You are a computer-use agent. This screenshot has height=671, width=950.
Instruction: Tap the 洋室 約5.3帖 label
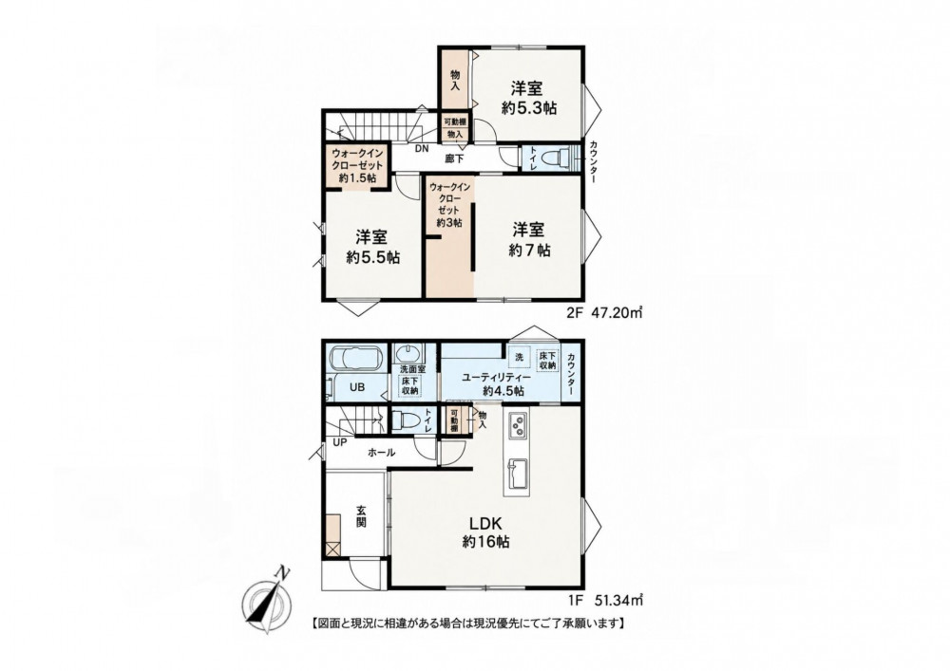(529, 98)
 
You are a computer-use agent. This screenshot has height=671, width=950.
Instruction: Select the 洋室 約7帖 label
(529, 239)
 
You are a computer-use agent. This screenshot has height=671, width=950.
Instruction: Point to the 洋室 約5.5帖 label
(372, 246)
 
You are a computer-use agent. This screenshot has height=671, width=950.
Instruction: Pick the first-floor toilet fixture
(404, 419)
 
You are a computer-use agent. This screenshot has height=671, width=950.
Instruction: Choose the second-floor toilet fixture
(555, 158)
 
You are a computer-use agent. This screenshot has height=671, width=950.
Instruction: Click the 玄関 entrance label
(360, 516)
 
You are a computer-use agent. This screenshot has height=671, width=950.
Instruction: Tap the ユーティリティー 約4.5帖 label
(496, 383)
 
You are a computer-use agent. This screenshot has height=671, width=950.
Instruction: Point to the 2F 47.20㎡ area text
(603, 313)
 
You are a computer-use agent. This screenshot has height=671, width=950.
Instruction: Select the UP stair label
(339, 442)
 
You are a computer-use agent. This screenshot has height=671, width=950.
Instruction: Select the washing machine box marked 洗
(520, 357)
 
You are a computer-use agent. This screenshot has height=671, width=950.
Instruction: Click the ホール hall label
(381, 453)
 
